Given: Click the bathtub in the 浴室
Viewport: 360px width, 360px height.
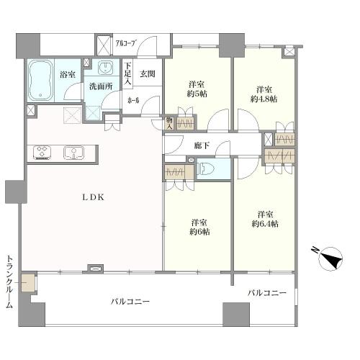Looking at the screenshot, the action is click(x=40, y=81).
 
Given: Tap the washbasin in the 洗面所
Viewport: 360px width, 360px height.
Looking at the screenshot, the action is click(x=104, y=67).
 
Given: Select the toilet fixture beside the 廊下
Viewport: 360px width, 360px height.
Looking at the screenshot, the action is click(x=205, y=169).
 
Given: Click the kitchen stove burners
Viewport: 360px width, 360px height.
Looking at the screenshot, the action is click(x=42, y=152).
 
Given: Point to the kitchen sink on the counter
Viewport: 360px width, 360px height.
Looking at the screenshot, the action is click(x=73, y=153).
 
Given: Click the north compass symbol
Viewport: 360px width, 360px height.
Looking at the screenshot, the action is click(x=330, y=258).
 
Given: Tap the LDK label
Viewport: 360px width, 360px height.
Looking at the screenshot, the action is click(x=94, y=197).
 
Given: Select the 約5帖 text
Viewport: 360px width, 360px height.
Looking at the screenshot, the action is click(x=197, y=94).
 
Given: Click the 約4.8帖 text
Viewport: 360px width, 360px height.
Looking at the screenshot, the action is click(x=264, y=99).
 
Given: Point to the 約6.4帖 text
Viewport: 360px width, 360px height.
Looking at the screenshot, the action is click(x=265, y=224).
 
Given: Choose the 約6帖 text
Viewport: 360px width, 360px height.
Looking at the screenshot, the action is click(x=200, y=232).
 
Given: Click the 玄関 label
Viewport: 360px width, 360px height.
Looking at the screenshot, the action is click(x=148, y=73).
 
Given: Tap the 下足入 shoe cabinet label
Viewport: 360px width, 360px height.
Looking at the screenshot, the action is click(x=127, y=73).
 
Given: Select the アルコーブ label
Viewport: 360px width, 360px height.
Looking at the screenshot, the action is click(x=125, y=43).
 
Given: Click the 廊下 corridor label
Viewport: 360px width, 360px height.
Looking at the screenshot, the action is click(x=202, y=145).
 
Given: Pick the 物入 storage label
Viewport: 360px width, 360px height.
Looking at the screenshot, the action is click(x=170, y=123).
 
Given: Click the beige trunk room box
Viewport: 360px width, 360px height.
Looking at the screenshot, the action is click(x=27, y=283).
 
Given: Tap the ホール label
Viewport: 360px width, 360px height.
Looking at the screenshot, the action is click(x=133, y=101).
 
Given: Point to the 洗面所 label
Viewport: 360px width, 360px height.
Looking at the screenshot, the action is click(x=101, y=86).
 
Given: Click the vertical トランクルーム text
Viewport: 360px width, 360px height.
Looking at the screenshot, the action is click(x=9, y=282).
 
